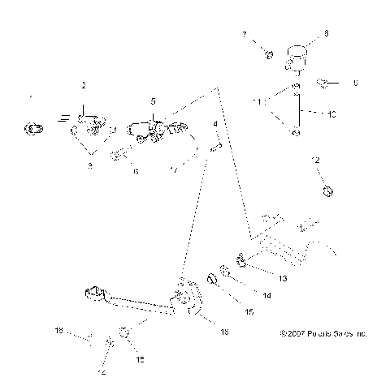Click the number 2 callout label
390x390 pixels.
click(83, 85)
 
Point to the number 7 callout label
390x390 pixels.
click(243, 34)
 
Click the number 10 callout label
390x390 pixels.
click(331, 115)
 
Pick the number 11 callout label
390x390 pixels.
click(258, 102)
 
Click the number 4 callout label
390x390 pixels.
click(214, 123)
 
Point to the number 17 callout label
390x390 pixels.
click(172, 169)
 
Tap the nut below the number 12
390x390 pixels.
click(327, 191)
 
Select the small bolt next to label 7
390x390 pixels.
click(267, 54)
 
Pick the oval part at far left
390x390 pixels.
click(34, 126)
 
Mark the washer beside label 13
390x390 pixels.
click(241, 261)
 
